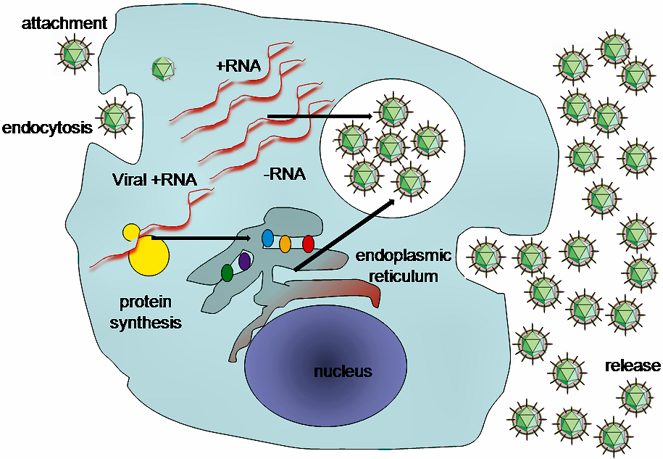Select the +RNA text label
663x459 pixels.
(238, 66)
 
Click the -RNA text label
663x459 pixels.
(284, 174)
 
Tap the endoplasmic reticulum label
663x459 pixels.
(404, 265)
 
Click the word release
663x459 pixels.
(633, 365)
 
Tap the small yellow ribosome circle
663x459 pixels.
(131, 232)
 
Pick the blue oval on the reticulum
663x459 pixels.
(267, 238)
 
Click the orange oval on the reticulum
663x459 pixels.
(285, 244)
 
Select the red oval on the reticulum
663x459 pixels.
(308, 244)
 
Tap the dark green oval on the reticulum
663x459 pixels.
(228, 273)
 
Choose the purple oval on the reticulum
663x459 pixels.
(245, 260)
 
